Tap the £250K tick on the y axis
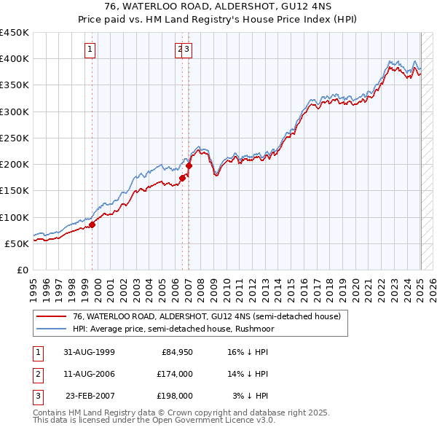(x=15, y=138)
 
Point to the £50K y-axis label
(x=17, y=243)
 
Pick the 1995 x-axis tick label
(x=34, y=284)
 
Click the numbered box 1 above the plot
(x=90, y=50)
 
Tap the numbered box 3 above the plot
(x=187, y=50)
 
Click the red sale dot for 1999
(x=92, y=225)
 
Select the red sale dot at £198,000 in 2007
(x=189, y=165)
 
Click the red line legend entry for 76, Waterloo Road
(x=206, y=316)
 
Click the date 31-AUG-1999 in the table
(x=90, y=352)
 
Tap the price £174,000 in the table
(x=175, y=374)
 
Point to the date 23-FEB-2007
(x=90, y=396)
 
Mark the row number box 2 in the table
(x=36, y=374)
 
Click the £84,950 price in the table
(x=177, y=352)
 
